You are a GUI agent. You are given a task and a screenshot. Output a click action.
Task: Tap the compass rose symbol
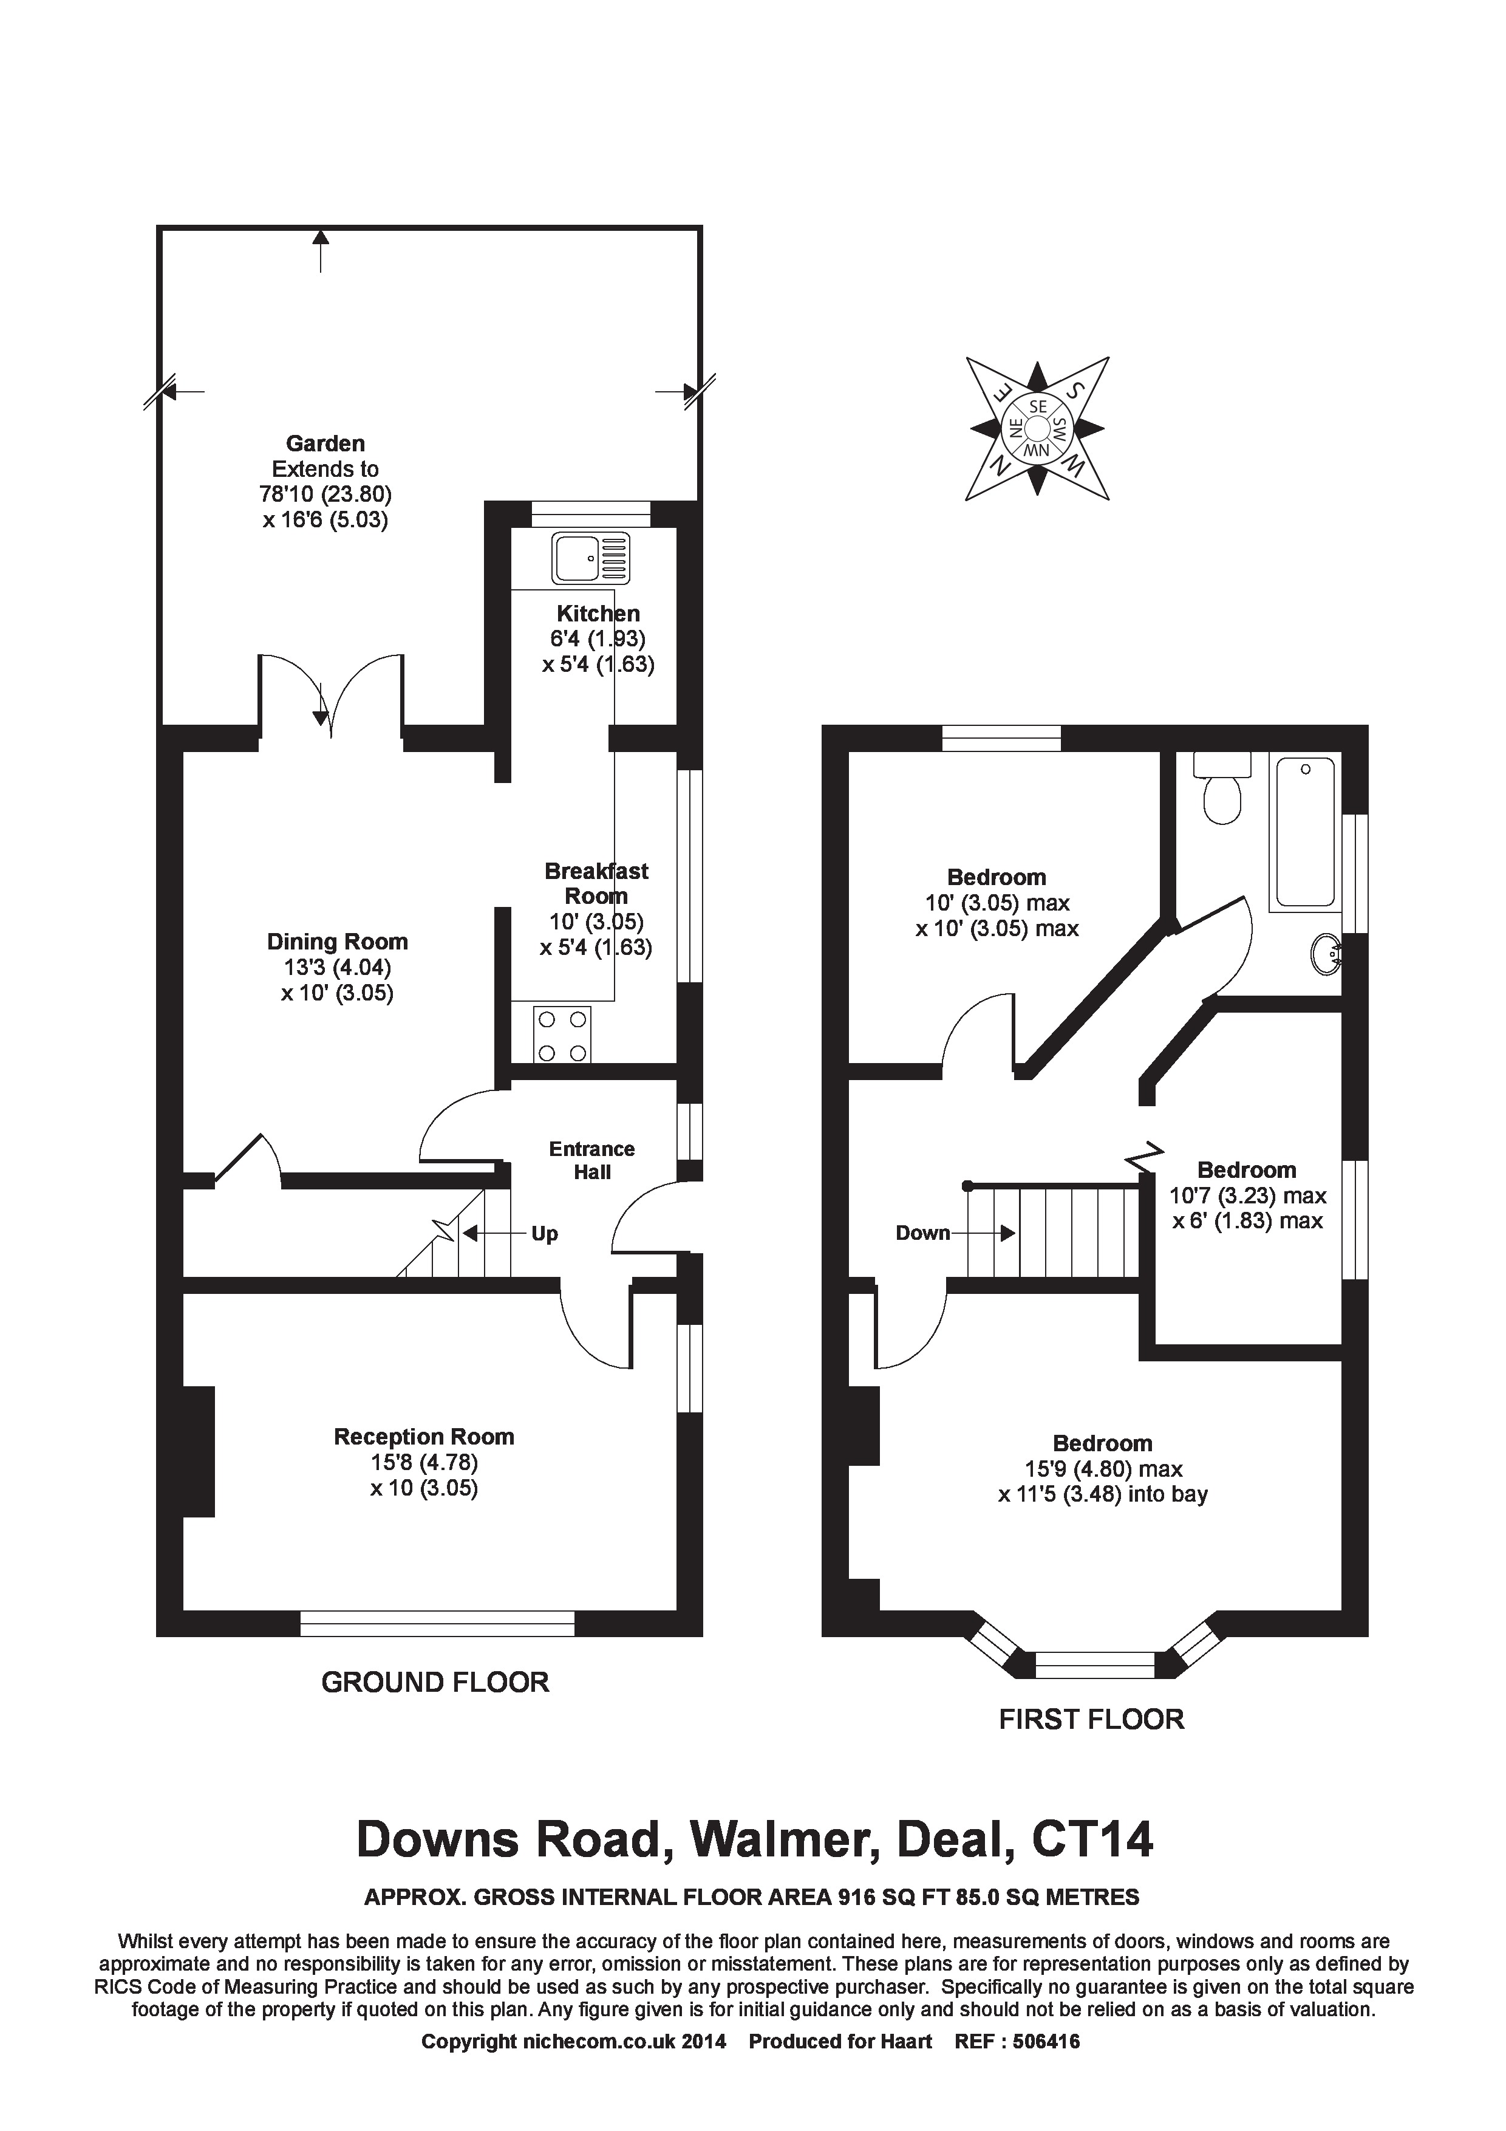pyautogui.click(x=1037, y=429)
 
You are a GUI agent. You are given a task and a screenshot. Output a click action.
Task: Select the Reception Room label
pyautogui.click(x=424, y=1437)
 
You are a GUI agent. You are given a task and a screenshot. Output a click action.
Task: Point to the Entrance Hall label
pyautogui.click(x=592, y=1160)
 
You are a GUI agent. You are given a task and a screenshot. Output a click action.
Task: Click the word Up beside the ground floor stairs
pyautogui.click(x=545, y=1234)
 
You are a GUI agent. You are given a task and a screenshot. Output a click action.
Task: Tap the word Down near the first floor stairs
pyautogui.click(x=922, y=1233)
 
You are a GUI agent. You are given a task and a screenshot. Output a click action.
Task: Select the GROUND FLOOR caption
pyautogui.click(x=435, y=1682)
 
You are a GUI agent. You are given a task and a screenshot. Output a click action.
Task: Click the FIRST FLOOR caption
pyautogui.click(x=1091, y=1719)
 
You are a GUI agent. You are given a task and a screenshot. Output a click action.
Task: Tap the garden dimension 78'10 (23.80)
pyautogui.click(x=325, y=494)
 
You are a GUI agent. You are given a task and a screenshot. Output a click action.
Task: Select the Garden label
pyautogui.click(x=325, y=443)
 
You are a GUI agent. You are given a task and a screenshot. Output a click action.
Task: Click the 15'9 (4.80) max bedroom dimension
pyautogui.click(x=1103, y=1469)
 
